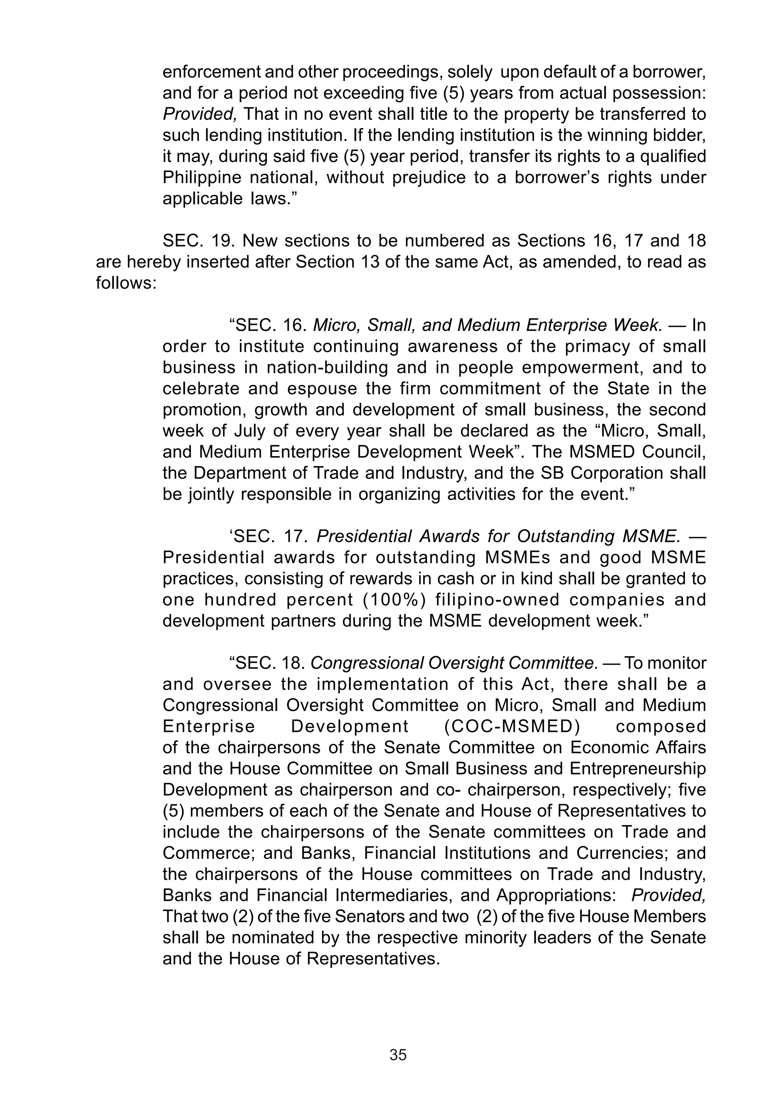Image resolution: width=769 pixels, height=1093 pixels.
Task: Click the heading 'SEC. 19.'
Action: [x=199, y=241]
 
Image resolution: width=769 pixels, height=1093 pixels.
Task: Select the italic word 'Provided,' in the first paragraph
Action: [x=199, y=114]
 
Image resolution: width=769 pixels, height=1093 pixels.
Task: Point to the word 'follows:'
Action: [x=126, y=283]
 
